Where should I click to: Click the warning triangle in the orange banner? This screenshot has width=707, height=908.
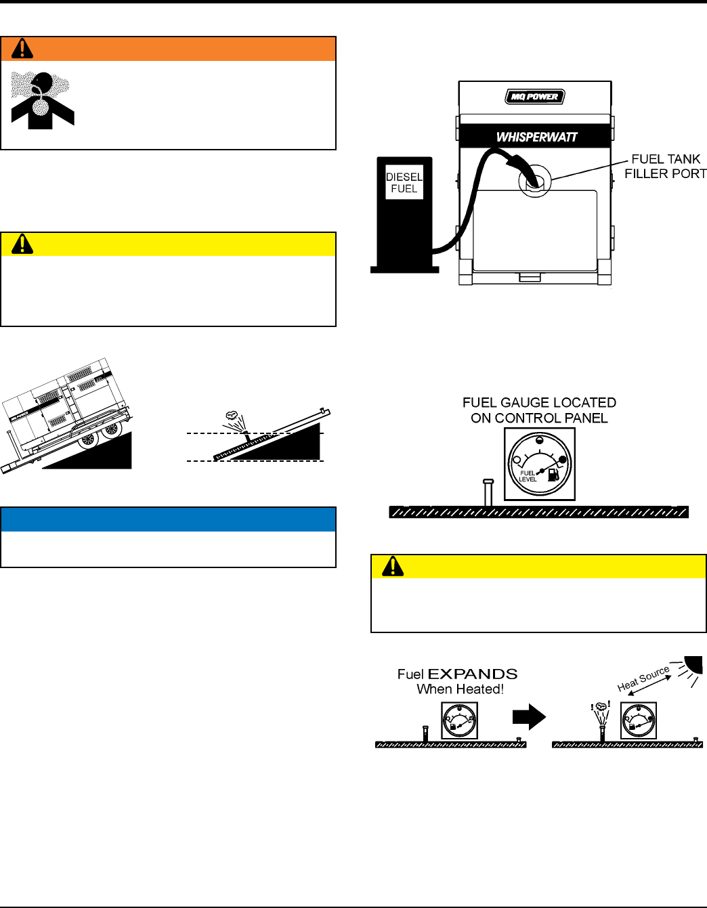(x=22, y=49)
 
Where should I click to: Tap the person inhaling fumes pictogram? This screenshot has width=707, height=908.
(x=43, y=100)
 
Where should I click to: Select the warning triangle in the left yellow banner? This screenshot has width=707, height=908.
(x=22, y=244)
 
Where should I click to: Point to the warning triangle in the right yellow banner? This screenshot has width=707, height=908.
(x=393, y=566)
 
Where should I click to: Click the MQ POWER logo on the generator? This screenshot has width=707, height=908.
(x=534, y=97)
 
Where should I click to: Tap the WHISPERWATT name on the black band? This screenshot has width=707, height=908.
(x=536, y=137)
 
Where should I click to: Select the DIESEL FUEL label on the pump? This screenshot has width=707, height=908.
(x=404, y=183)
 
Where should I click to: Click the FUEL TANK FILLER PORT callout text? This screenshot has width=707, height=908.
(x=665, y=167)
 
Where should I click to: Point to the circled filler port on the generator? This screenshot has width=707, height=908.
(x=535, y=180)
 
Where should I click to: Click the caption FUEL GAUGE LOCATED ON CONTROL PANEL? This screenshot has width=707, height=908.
(x=539, y=410)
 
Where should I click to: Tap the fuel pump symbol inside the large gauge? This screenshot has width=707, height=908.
(x=553, y=474)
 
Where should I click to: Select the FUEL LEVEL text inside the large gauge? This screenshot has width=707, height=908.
(x=528, y=476)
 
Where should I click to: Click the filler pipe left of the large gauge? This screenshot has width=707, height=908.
(x=488, y=492)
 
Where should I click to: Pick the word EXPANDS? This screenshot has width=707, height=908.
(x=473, y=674)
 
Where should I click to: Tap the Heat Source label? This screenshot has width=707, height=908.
(x=643, y=678)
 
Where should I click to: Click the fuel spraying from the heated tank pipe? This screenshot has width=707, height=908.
(x=601, y=711)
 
